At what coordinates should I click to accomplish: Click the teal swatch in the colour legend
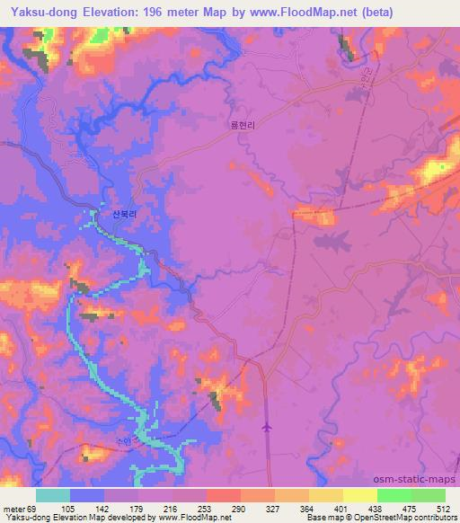click(53, 495)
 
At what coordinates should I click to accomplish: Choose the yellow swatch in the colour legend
click(360, 495)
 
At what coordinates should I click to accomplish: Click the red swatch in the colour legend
click(224, 495)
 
